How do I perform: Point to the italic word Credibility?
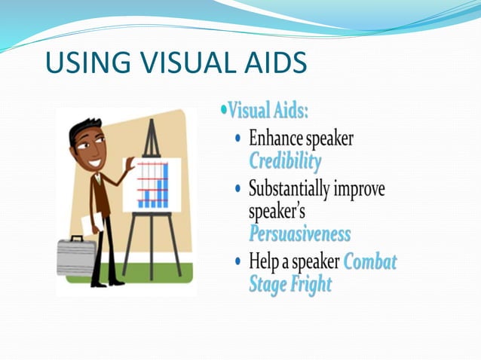click(284, 160)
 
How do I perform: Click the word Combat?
click(369, 261)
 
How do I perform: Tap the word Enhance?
click(277, 139)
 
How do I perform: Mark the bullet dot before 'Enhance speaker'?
click(239, 139)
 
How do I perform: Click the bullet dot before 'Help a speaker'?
click(239, 261)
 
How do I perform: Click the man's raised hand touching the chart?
click(130, 163)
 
